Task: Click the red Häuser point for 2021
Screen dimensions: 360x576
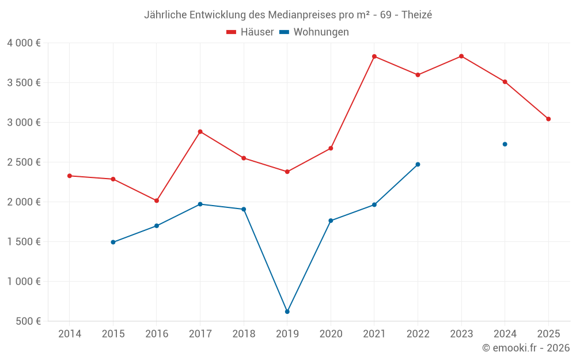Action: (374, 56)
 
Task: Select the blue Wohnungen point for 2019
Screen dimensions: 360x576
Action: (287, 312)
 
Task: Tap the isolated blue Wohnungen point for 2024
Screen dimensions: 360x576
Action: (505, 144)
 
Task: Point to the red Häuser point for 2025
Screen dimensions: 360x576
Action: (548, 119)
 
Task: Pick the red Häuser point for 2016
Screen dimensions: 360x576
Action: (157, 200)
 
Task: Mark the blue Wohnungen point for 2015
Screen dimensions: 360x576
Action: (113, 242)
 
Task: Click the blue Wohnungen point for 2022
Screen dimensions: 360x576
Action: (418, 164)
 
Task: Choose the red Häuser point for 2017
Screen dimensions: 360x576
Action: (200, 131)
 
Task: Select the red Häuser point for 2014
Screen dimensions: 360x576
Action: (70, 176)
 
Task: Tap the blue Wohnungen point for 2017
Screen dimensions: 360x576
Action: (200, 204)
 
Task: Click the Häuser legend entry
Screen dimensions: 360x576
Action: (250, 32)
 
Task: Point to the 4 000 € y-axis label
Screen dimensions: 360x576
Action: (24, 43)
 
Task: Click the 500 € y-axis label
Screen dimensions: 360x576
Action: (28, 321)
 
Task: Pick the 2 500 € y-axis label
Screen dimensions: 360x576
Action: (24, 162)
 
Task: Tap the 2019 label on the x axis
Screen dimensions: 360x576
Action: (287, 334)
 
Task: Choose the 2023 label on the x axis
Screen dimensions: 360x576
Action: (461, 334)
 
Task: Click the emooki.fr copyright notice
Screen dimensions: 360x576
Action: (526, 348)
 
